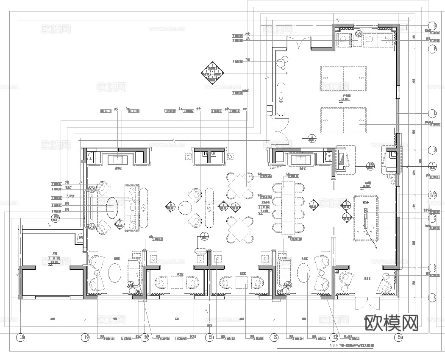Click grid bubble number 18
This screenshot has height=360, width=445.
[x=20, y=338]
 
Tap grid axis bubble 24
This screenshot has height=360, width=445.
[x=399, y=338]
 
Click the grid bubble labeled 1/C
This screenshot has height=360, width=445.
[x=432, y=195]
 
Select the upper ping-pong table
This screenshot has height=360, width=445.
[x=343, y=78]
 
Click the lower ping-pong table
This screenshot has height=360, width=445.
[x=343, y=120]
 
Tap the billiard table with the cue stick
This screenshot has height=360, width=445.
[x=367, y=218]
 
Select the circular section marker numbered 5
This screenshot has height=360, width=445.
[x=204, y=236]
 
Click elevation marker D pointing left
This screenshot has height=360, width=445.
[x=171, y=207]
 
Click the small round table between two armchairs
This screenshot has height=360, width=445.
[x=186, y=207]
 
